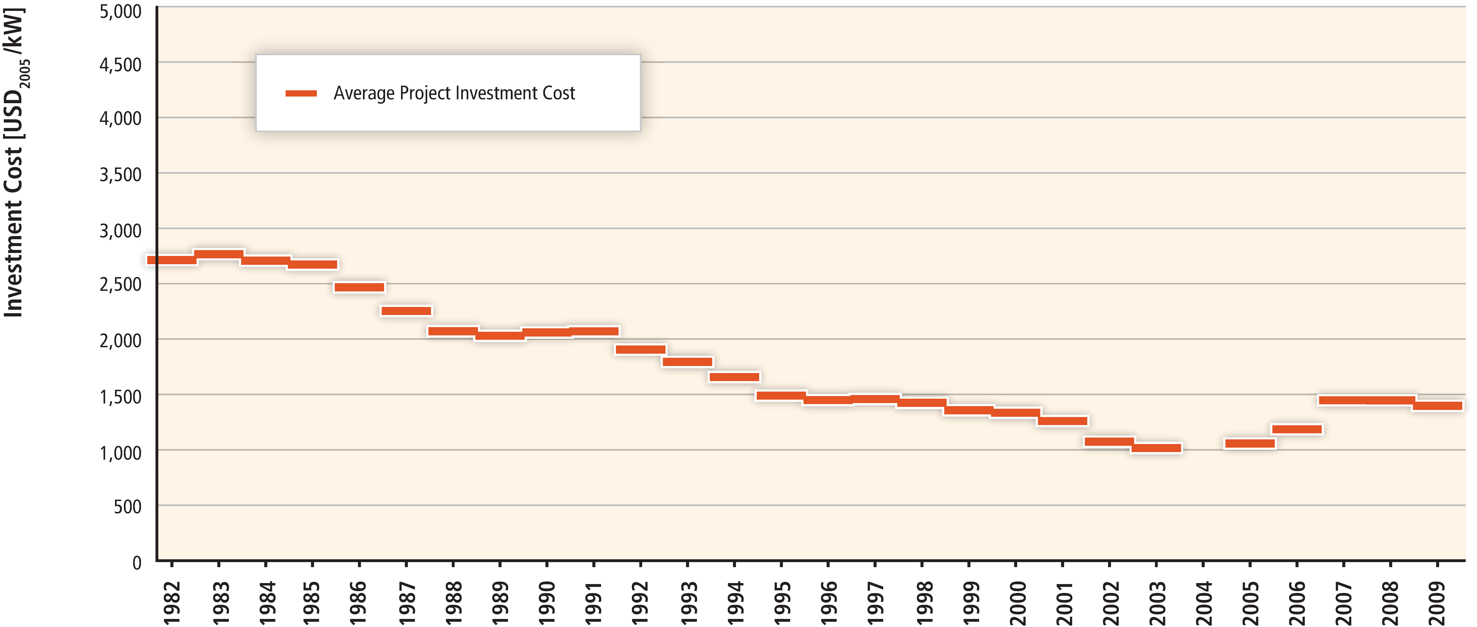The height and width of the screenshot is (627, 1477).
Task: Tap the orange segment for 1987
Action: (406, 311)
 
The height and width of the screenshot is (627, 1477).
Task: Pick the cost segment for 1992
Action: (641, 349)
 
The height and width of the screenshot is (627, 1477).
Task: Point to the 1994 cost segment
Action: (735, 377)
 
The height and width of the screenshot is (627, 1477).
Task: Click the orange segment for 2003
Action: (1157, 448)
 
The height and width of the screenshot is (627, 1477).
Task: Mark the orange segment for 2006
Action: (1297, 429)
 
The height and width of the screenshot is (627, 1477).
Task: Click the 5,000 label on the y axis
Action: (120, 11)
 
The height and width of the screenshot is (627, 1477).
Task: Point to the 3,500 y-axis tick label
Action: (120, 174)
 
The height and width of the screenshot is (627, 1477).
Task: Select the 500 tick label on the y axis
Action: (127, 506)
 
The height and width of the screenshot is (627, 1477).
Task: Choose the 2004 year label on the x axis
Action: (1203, 602)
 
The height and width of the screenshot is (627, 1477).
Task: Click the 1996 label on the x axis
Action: (828, 602)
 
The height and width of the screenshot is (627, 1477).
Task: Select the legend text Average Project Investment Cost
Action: (454, 93)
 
